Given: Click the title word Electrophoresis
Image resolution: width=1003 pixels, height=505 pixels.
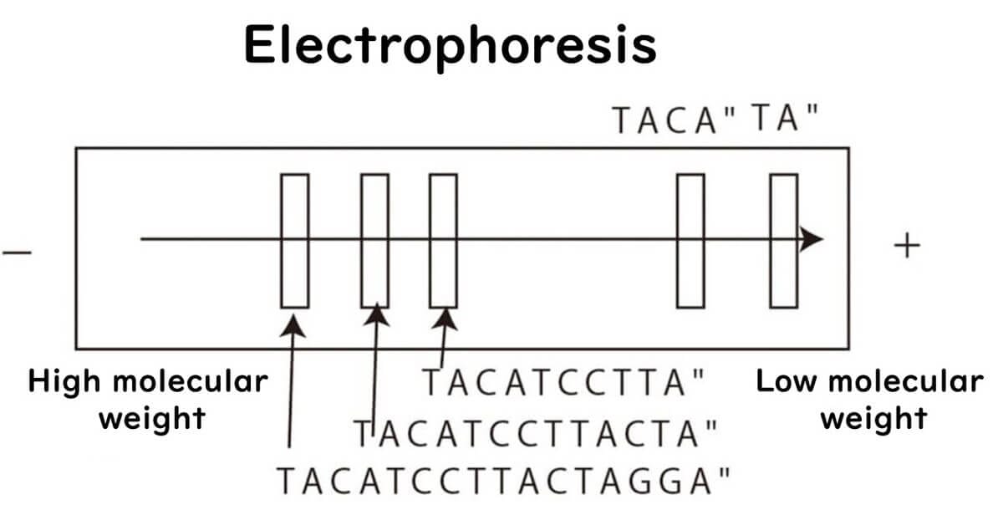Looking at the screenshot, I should point(451,45).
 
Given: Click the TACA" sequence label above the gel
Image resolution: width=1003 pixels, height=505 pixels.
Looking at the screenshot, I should point(673,120).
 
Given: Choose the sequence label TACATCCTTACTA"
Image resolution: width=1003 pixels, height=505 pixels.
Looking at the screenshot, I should point(535,433).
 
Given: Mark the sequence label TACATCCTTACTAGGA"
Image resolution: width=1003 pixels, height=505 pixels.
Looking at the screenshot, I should point(505,481).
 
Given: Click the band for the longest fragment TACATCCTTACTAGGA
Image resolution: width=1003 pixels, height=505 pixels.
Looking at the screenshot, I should point(294,241).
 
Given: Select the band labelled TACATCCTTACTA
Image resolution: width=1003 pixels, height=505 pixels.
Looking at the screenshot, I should point(374,241).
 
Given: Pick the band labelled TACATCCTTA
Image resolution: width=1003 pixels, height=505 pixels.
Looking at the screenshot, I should point(443,241).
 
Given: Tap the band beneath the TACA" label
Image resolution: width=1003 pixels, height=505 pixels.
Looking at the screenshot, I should point(690,241).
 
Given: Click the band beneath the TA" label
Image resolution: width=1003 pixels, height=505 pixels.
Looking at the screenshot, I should point(783,241).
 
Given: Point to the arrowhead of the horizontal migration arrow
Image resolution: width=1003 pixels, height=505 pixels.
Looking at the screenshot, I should point(810,239).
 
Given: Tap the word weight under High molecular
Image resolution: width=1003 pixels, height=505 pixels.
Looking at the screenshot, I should point(153,417).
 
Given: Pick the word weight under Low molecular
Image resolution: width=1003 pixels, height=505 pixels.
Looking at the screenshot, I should point(873,417).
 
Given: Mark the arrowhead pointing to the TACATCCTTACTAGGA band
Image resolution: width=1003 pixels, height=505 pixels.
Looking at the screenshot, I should point(293,320).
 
